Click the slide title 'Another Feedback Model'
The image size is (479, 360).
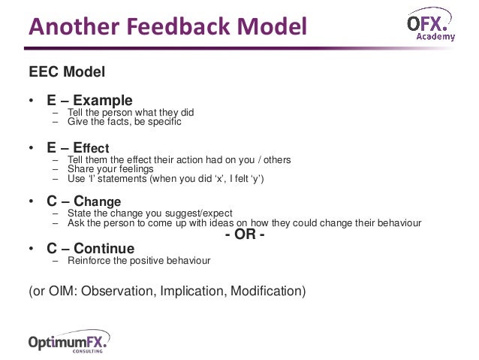pyautogui.click(x=167, y=27)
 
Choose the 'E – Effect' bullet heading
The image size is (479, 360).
pyautogui.click(x=78, y=147)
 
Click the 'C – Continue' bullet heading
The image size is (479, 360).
pyautogui.click(x=90, y=248)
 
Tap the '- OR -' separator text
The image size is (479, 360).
pyautogui.click(x=245, y=235)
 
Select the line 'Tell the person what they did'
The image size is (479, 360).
pyautogui.click(x=131, y=113)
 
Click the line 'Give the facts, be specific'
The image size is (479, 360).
pyautogui.click(x=124, y=122)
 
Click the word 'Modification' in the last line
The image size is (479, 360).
pyautogui.click(x=266, y=291)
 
